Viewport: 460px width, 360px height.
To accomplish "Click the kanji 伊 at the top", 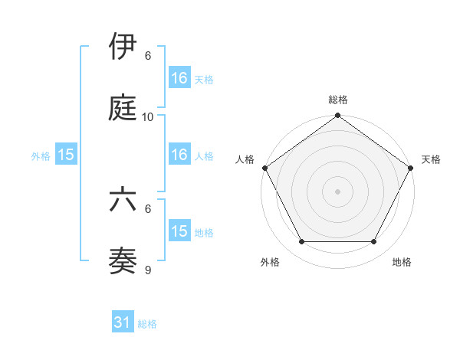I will tap(123, 47).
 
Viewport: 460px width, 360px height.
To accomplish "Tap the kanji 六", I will tap(123, 200).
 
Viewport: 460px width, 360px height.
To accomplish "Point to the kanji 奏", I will tap(123, 261).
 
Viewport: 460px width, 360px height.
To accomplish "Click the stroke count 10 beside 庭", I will tap(148, 117).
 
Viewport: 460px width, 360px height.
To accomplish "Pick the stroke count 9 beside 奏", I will tap(148, 270).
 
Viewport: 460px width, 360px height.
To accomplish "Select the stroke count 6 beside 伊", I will tap(148, 56).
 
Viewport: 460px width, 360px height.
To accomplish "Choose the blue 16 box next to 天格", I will tap(179, 78).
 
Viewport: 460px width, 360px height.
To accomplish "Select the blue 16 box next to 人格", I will tap(179, 155).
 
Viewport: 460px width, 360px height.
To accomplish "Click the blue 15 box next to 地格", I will tap(179, 231).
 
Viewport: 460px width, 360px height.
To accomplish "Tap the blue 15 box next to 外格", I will tap(66, 155).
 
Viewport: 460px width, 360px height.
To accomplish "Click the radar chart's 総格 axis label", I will tap(338, 100).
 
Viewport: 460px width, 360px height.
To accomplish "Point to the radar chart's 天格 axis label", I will tap(431, 159).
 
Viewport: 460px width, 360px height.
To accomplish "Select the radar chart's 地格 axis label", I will tap(402, 262).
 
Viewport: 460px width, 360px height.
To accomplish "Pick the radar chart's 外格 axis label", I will tap(270, 262).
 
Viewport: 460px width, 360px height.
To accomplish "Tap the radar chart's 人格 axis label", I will tap(245, 159).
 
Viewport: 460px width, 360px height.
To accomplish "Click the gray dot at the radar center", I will tap(338, 191).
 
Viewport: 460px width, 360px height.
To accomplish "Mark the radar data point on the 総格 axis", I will tap(338, 116).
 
